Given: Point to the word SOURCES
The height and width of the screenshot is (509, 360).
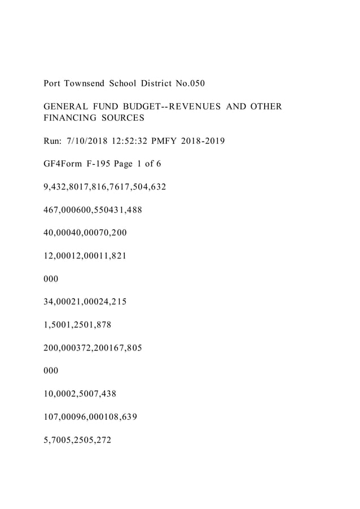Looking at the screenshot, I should pos(123,119).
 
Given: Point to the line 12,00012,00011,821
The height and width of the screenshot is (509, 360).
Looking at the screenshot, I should pos(85,256).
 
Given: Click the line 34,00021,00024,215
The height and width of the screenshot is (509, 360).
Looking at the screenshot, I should pos(85,302).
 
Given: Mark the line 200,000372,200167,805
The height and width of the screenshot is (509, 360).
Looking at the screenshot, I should pos(93,348).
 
